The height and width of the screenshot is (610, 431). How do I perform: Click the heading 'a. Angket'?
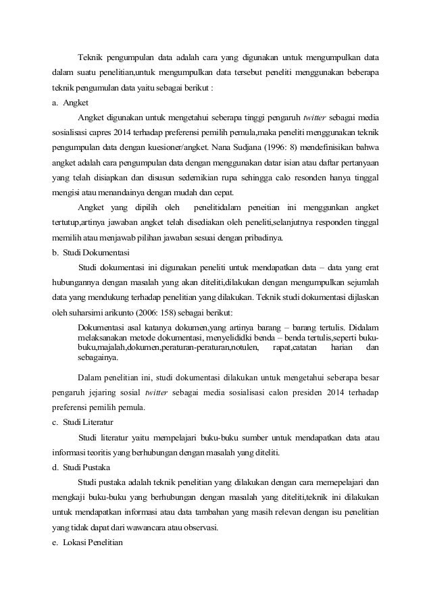[x=70, y=103]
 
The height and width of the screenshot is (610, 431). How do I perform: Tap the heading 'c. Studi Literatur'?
[x=85, y=422]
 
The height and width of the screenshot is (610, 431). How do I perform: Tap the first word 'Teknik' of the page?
[x=90, y=55]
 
